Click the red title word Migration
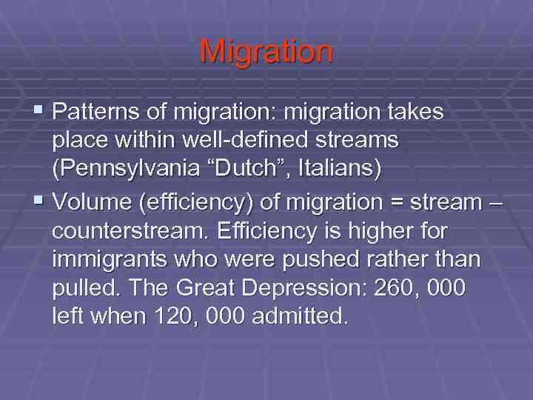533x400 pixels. [266, 52]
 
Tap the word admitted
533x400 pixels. [299, 318]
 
